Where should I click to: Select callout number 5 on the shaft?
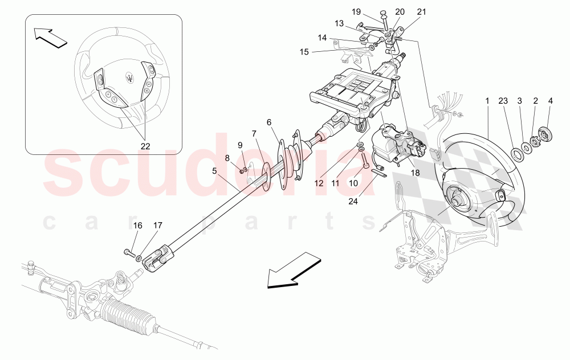tap(214, 170)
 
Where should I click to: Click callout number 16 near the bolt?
tap(137, 226)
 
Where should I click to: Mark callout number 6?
tap(268, 121)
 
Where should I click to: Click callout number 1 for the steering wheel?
tap(487, 101)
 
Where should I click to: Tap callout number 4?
tap(550, 101)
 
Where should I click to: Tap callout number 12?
tap(318, 183)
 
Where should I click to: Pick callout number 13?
tap(339, 24)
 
